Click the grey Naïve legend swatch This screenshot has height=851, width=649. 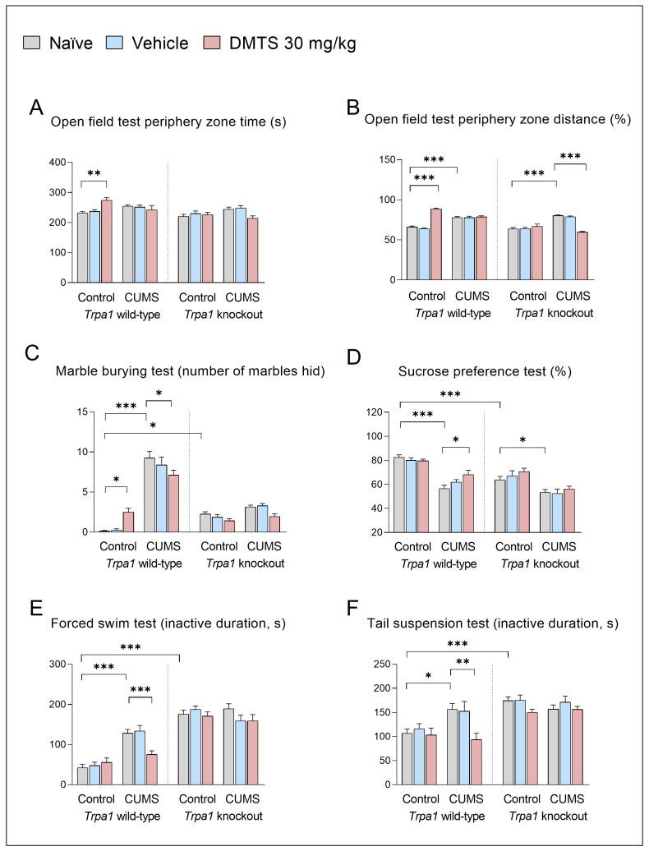(x=31, y=44)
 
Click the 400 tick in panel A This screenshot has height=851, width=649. (x=57, y=162)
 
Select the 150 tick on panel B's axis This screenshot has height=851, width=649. (x=386, y=159)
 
